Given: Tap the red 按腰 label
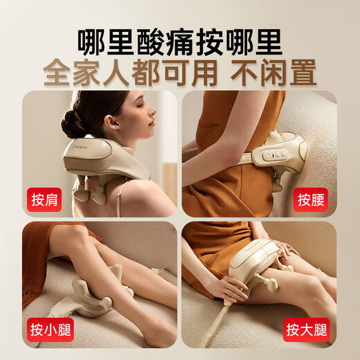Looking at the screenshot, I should (310, 199).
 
